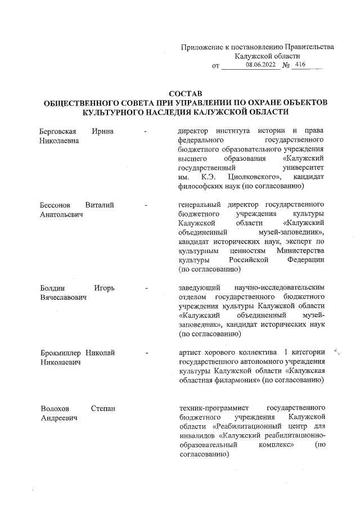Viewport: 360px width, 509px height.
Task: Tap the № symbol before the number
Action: coord(285,66)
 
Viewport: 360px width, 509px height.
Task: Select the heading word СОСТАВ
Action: coord(185,93)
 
